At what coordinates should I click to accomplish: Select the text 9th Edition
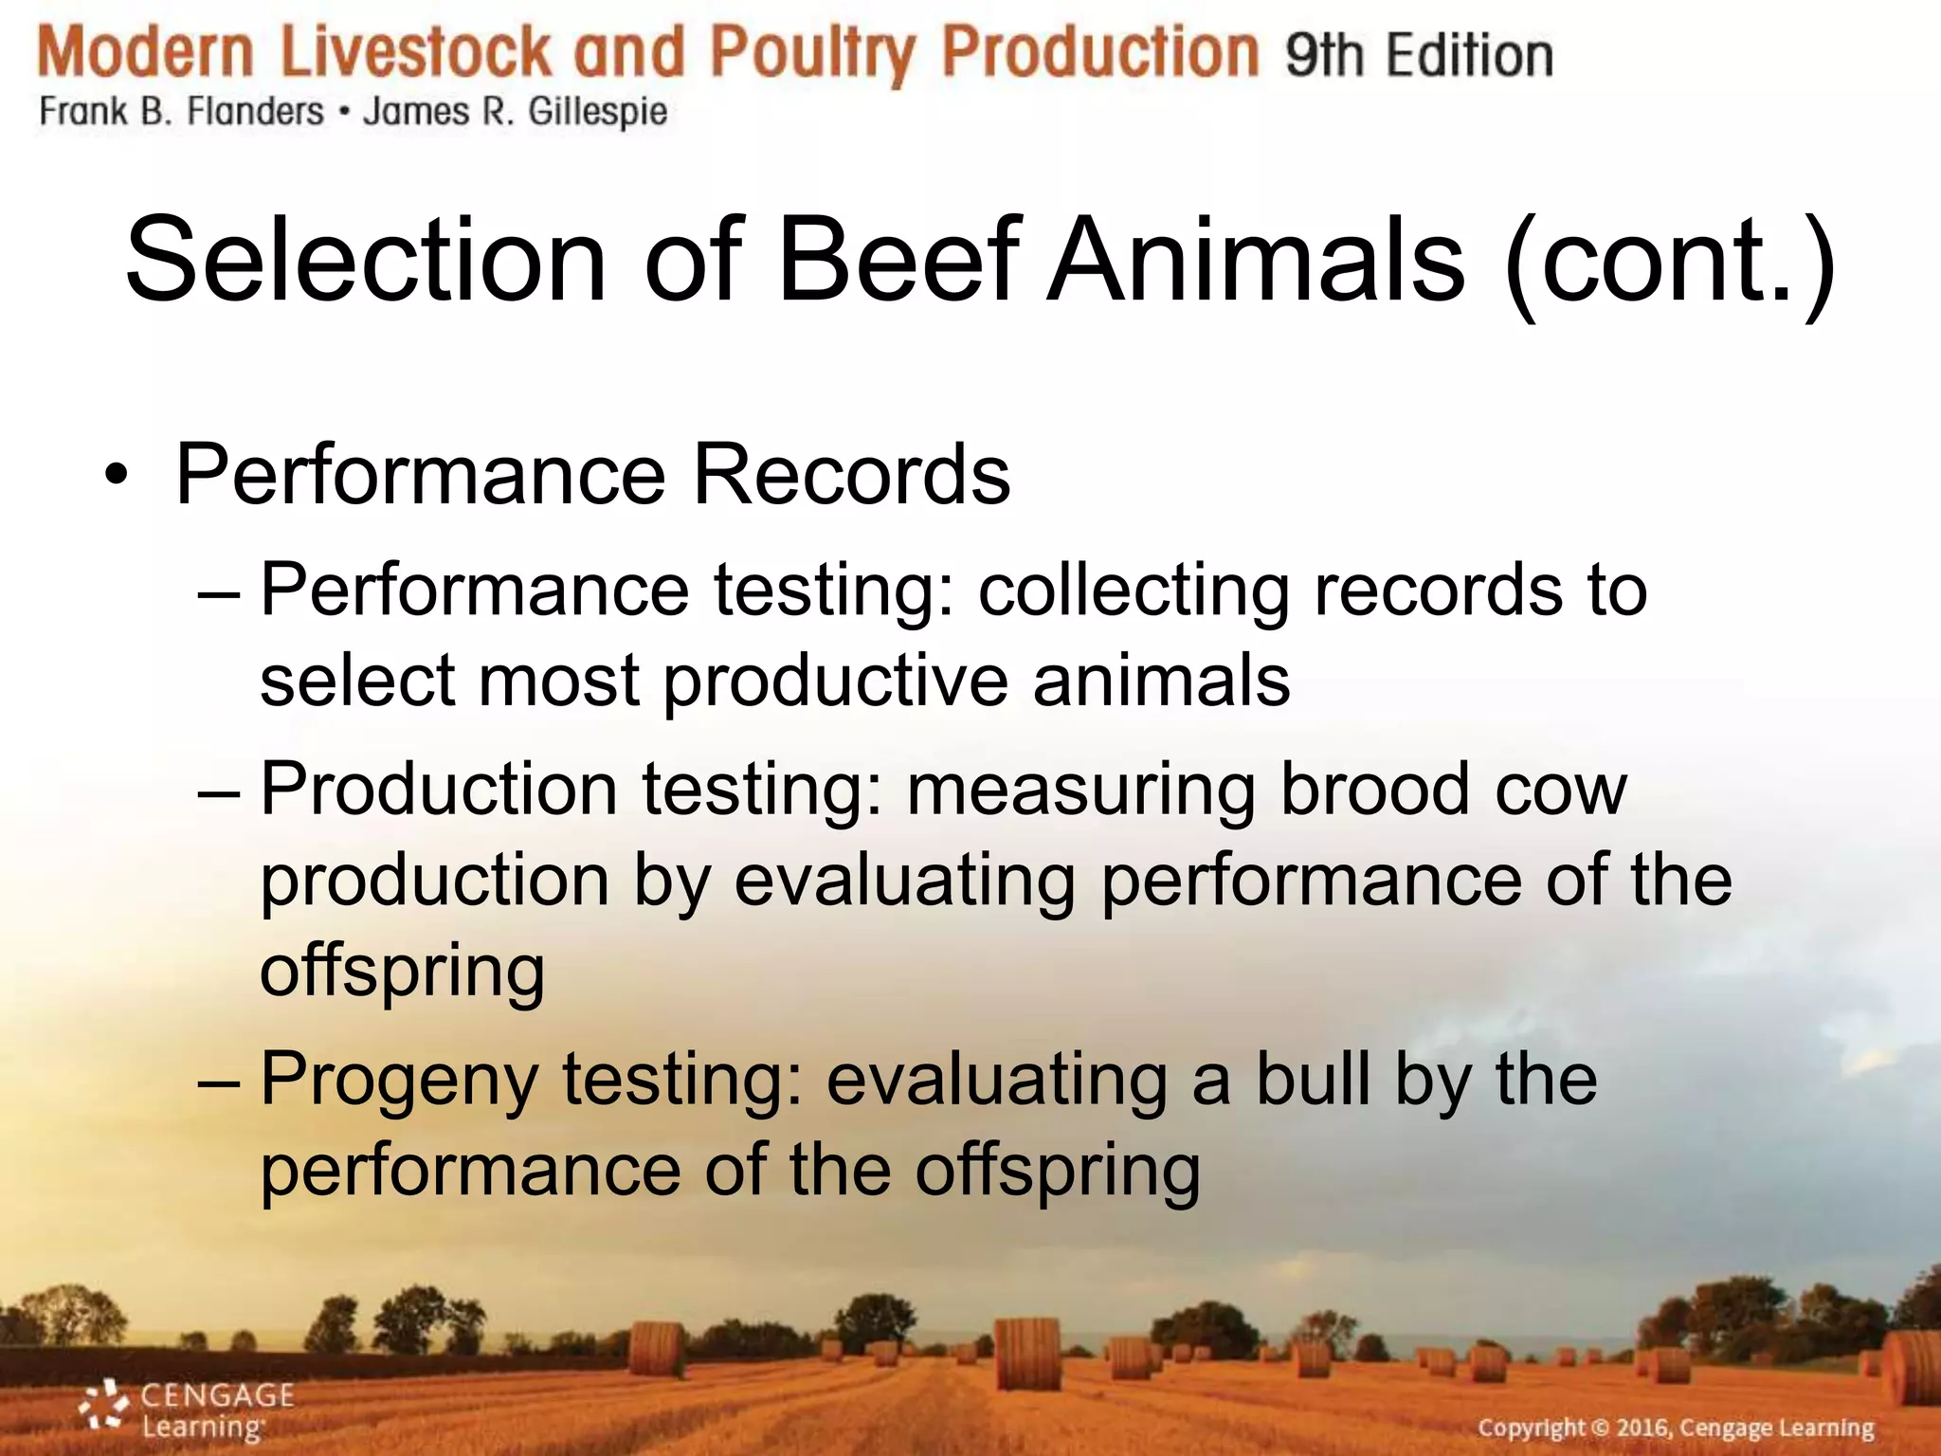tap(1419, 55)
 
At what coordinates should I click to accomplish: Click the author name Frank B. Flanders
tap(181, 112)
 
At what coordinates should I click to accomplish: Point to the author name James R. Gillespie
tap(515, 112)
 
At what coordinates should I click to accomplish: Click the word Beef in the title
tap(897, 260)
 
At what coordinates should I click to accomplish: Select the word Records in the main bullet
tap(850, 474)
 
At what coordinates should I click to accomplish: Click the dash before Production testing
tap(220, 790)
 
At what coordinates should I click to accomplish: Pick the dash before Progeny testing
tap(220, 1080)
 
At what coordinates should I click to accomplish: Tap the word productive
tap(835, 681)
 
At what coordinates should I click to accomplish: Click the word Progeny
tap(399, 1081)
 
